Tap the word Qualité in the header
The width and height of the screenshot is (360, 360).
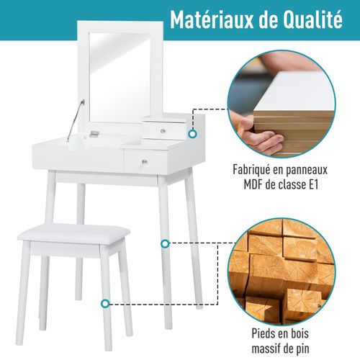pos(310,19)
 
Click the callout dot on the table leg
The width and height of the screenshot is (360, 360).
pos(166,244)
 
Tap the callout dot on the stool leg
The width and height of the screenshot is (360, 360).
pos(107,305)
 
